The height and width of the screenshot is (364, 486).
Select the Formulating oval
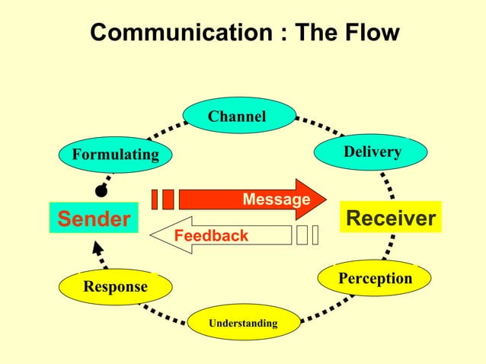(x=116, y=155)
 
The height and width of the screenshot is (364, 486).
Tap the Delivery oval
(x=372, y=152)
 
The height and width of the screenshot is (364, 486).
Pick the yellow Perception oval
(x=375, y=279)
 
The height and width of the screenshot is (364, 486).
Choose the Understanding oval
(x=243, y=323)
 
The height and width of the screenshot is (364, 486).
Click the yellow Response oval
(x=116, y=287)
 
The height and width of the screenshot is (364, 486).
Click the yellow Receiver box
(x=391, y=219)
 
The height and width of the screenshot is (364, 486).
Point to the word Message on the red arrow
(x=276, y=200)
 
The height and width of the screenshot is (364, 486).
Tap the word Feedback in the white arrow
(x=211, y=236)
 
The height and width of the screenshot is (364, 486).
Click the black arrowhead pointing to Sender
(x=96, y=248)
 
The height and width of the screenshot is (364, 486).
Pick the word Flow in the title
(x=371, y=33)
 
